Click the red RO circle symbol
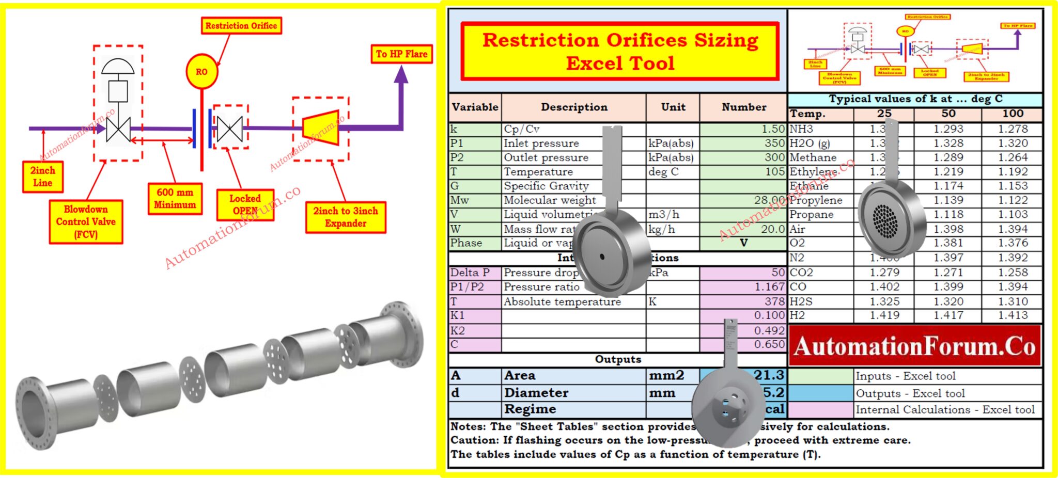(201, 71)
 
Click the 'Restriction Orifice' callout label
(241, 25)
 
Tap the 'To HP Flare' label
(401, 54)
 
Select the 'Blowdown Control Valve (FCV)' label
(86, 221)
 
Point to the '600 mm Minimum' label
(175, 198)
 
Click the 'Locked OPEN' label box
(245, 204)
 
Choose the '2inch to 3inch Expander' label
(346, 217)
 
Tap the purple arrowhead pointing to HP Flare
(401, 75)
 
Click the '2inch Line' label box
(42, 176)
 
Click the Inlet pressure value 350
(774, 143)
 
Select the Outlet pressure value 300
(774, 157)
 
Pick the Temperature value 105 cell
(775, 171)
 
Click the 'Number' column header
(744, 107)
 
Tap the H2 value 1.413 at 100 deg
(1013, 315)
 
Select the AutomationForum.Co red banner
(914, 346)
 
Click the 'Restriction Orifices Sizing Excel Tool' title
(620, 51)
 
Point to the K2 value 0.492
(769, 330)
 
